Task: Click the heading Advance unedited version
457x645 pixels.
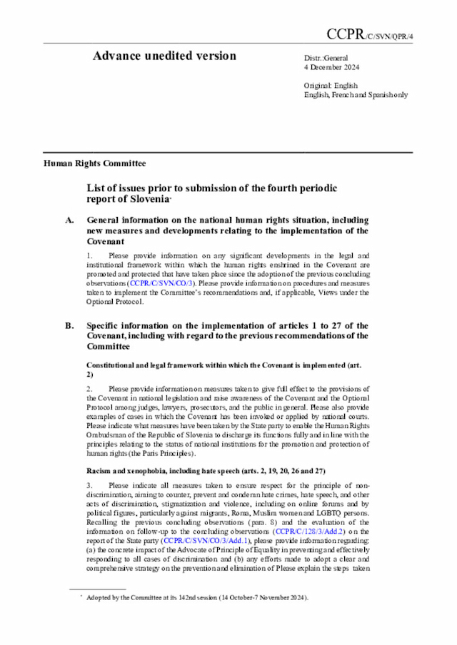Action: point(164,56)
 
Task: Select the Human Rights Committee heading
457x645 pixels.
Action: point(94,163)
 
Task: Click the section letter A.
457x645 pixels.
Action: point(69,221)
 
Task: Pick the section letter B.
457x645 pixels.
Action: point(69,326)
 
